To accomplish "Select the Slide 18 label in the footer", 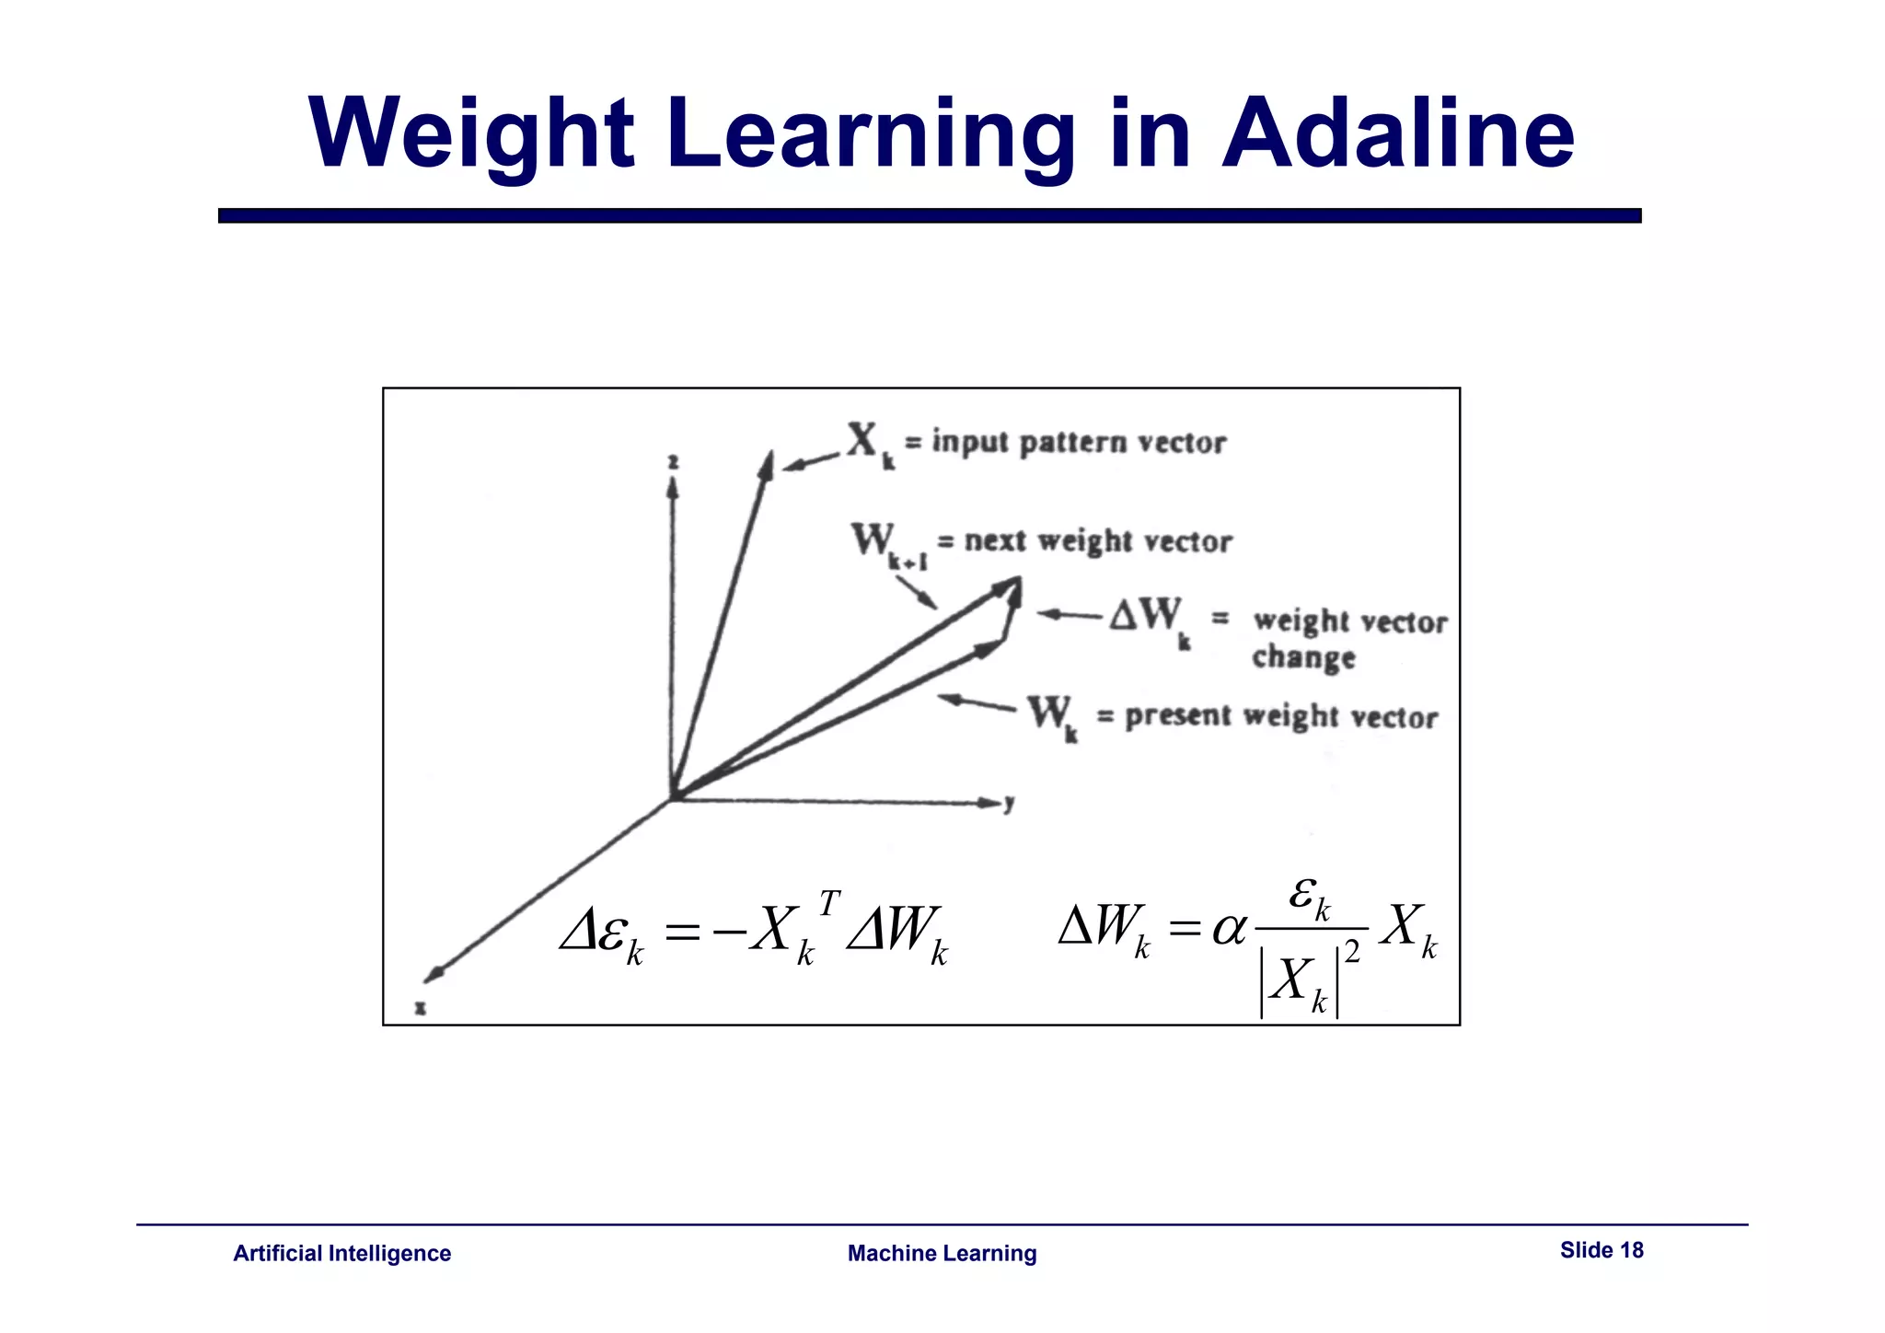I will [1602, 1249].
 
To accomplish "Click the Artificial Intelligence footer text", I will [341, 1253].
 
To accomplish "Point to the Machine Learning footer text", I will [942, 1253].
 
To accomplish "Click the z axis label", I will [673, 462].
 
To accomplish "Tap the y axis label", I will [1010, 804].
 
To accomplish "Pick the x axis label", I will [420, 1007].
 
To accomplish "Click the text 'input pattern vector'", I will [1078, 443].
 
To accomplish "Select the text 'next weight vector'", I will [1097, 541].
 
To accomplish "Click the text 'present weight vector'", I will [1280, 716].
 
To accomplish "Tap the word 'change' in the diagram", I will [1303, 657].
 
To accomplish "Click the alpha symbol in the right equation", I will [1229, 928].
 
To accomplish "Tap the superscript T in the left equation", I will [829, 903].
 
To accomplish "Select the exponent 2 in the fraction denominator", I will [1351, 952].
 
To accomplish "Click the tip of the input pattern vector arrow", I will [769, 455].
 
